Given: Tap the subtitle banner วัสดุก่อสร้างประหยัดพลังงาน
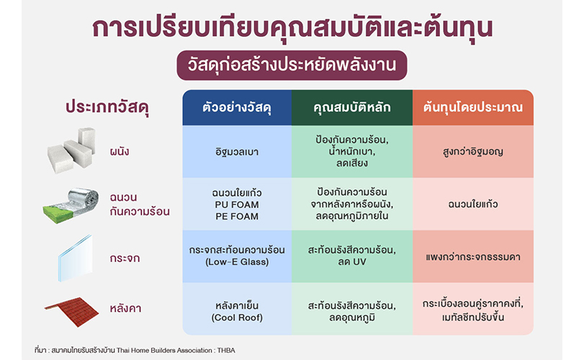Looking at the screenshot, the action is tap(292, 66).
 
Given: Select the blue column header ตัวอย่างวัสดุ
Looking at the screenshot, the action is tap(237, 107).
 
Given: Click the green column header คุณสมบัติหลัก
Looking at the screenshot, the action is tap(352, 107).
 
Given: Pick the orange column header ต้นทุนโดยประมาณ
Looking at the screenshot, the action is tap(473, 107).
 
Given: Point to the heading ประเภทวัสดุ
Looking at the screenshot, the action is tap(107, 107).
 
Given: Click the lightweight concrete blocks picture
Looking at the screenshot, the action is tap(71, 150).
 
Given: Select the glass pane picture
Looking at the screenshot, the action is tap(75, 258).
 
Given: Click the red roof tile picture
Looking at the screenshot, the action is tap(72, 312).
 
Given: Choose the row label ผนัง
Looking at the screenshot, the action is tap(120, 151).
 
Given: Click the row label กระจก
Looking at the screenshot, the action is tap(125, 258).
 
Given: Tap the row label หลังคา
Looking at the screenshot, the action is tap(125, 309).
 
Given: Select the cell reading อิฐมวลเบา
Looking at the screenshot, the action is tap(237, 152).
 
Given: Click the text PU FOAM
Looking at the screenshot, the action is tap(237, 204).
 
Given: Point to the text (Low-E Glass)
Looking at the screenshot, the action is tap(237, 262).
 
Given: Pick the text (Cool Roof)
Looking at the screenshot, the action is tap(237, 318).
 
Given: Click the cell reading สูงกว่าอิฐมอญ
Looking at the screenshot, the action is tap(473, 151).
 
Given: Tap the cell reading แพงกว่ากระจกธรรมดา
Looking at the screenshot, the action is tap(473, 257).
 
